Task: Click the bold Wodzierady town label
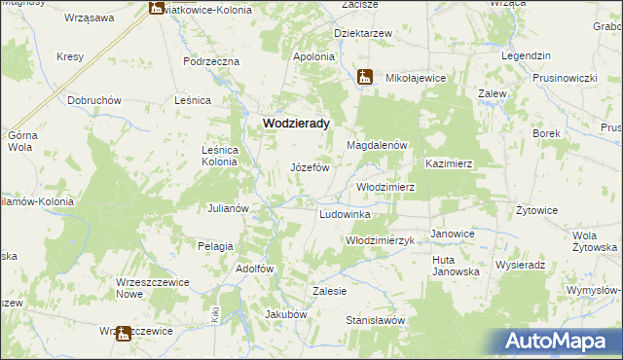(x=295, y=125)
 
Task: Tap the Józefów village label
(x=311, y=167)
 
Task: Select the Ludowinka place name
(x=345, y=213)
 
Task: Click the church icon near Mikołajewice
(x=364, y=77)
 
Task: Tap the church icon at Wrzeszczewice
(x=123, y=333)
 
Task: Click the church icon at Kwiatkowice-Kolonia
(x=156, y=8)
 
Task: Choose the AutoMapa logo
(x=557, y=342)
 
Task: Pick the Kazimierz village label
(x=449, y=164)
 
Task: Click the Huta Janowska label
(x=458, y=266)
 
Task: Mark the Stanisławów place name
(x=375, y=319)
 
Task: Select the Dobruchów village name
(x=93, y=100)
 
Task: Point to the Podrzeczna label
(x=211, y=61)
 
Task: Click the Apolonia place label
(x=314, y=57)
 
